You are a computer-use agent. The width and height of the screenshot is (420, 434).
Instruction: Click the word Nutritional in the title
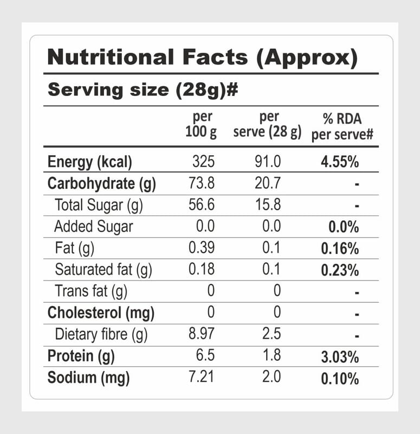click(x=111, y=57)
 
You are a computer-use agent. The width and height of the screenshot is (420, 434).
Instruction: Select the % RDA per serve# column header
click(x=342, y=126)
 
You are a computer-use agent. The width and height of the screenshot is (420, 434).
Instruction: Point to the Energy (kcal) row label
click(x=90, y=162)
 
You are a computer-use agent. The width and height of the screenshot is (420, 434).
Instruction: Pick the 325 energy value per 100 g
click(x=203, y=162)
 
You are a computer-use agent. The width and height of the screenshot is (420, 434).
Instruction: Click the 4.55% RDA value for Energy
click(x=340, y=162)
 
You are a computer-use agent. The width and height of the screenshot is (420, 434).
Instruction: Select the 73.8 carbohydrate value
click(x=202, y=183)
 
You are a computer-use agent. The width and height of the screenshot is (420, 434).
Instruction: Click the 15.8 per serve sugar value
click(x=268, y=205)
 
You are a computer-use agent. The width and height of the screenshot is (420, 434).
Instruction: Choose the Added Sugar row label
click(x=93, y=226)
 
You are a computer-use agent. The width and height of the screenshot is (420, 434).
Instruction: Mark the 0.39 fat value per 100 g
click(x=202, y=248)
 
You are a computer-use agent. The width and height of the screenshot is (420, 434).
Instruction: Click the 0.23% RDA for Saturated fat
click(x=340, y=270)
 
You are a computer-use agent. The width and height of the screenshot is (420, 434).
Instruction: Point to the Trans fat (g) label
click(x=91, y=291)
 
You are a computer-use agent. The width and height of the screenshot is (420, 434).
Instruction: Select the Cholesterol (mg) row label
click(x=101, y=313)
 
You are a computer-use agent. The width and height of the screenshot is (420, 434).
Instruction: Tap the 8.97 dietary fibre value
click(x=202, y=334)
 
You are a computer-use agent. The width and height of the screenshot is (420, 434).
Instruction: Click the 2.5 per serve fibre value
click(x=270, y=334)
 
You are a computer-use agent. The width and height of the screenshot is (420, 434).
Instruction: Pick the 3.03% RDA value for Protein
click(x=340, y=357)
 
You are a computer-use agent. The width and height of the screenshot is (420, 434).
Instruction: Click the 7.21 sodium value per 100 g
click(x=202, y=378)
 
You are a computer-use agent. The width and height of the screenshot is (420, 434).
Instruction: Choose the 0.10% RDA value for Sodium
click(x=340, y=379)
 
